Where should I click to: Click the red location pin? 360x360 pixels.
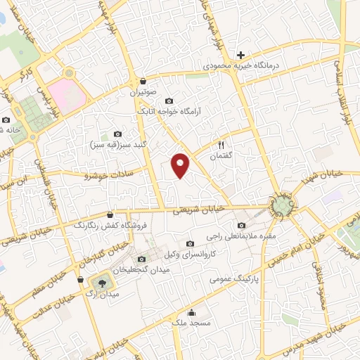(x=181, y=165)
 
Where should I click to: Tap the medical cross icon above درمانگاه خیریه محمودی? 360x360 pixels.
(x=240, y=55)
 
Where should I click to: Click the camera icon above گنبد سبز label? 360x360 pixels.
(x=117, y=134)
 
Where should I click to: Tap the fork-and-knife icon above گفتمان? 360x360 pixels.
(x=221, y=144)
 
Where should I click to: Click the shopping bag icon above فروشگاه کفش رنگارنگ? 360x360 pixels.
(x=110, y=215)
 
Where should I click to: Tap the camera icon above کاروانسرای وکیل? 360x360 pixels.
(x=190, y=243)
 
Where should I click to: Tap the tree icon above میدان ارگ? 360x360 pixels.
(x=103, y=282)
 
